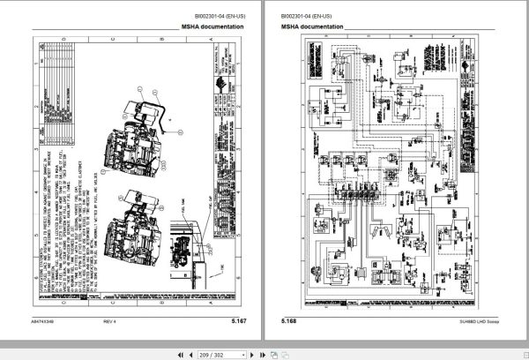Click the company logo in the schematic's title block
tap(473, 71)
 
